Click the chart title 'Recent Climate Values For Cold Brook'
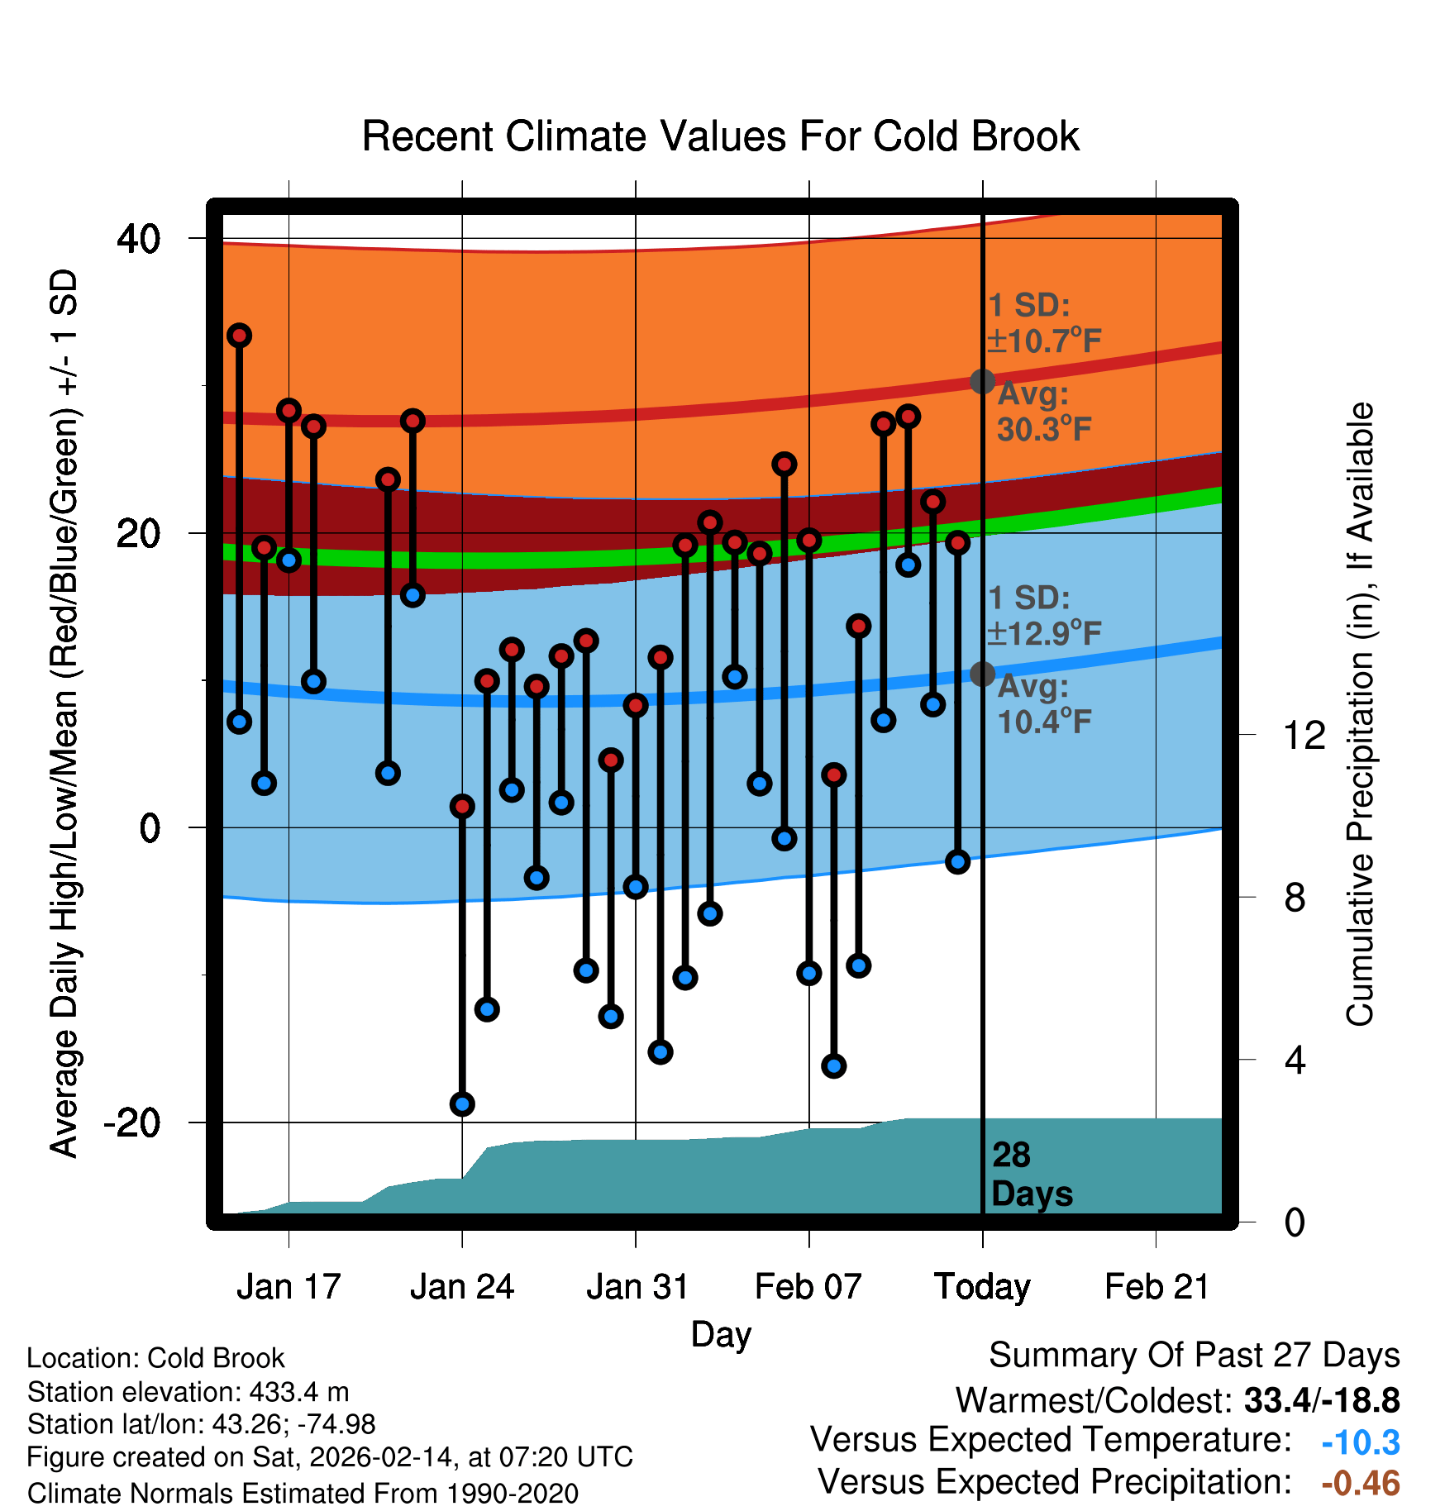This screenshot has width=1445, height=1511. pyautogui.click(x=720, y=136)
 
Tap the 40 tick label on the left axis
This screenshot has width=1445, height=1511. pyautogui.click(x=138, y=239)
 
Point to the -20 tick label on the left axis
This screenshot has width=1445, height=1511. pyautogui.click(x=131, y=1123)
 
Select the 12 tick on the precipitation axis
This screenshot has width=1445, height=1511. pyautogui.click(x=1304, y=735)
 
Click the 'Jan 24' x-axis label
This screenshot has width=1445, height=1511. pyautogui.click(x=461, y=1287)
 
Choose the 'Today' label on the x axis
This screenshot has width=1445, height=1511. pyautogui.click(x=982, y=1287)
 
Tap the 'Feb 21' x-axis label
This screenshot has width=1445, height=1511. pyautogui.click(x=1156, y=1287)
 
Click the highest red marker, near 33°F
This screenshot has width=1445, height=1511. pyautogui.click(x=240, y=336)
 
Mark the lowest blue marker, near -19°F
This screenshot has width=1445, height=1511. pyautogui.click(x=462, y=1103)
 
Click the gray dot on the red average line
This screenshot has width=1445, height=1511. pyautogui.click(x=982, y=381)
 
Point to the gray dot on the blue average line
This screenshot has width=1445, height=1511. pyautogui.click(x=982, y=674)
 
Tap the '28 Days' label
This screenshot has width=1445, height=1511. pyautogui.click(x=1031, y=1175)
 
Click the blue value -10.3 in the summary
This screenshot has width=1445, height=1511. pyautogui.click(x=1360, y=1442)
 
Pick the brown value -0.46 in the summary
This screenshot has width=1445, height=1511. pyautogui.click(x=1360, y=1484)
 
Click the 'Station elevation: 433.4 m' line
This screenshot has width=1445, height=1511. pyautogui.click(x=188, y=1392)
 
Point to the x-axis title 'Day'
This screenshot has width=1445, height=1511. pyautogui.click(x=721, y=1334)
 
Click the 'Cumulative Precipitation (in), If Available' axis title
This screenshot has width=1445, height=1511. pyautogui.click(x=1360, y=714)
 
